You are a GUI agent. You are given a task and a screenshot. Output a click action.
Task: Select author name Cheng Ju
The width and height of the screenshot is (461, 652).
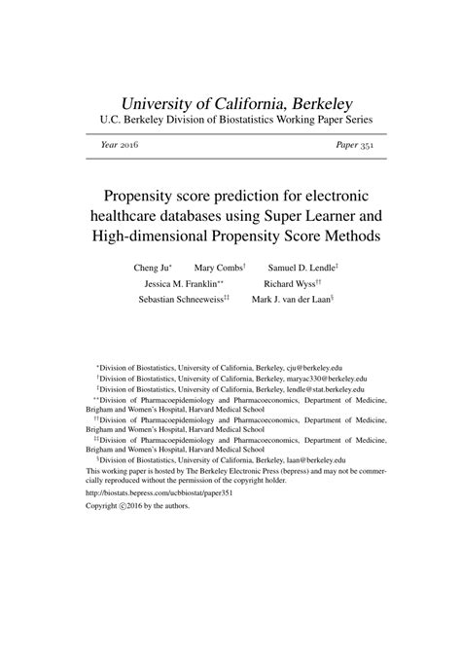click(153, 267)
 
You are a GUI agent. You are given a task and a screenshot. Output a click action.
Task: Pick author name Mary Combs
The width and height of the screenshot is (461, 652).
click(219, 267)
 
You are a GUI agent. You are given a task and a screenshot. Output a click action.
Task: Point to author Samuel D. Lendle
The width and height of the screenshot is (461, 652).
click(301, 267)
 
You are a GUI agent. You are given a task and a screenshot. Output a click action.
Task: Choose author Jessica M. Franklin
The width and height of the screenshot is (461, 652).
click(183, 284)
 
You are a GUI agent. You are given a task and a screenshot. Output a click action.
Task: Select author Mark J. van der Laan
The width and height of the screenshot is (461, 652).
click(292, 302)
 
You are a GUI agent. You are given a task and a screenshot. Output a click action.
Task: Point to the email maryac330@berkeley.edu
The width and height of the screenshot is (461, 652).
click(326, 380)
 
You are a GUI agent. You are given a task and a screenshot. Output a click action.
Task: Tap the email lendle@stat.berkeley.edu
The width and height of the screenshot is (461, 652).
click(322, 389)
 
